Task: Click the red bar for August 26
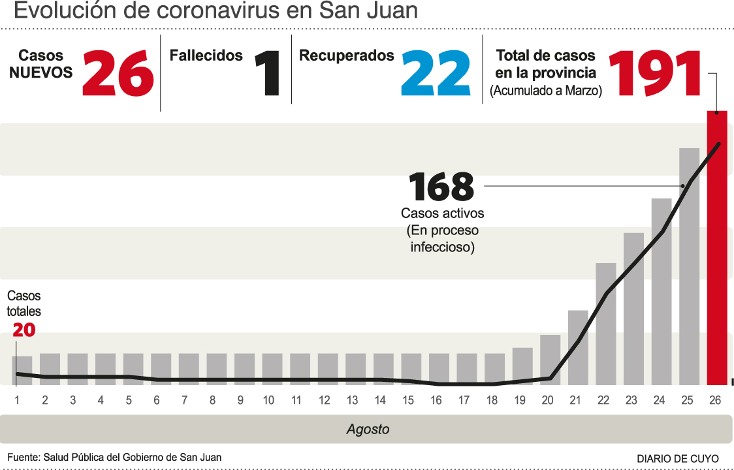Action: coord(716,248)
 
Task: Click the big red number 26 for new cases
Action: coord(118,73)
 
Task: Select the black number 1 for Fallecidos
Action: coord(267,74)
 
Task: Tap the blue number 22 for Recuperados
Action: coord(436,73)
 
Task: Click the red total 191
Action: coord(655,73)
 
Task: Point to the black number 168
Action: coord(441,187)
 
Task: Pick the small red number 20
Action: coord(24,330)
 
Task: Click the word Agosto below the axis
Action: coord(368,430)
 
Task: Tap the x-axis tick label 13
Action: coord(352,400)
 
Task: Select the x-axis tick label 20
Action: coord(547,400)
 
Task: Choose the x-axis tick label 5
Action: coord(129,400)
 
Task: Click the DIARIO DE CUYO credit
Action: coord(678,458)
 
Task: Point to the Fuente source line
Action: coord(114,458)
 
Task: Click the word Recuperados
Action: coord(347,56)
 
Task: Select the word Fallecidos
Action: coord(206,56)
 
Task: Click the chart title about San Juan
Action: coord(215,11)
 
